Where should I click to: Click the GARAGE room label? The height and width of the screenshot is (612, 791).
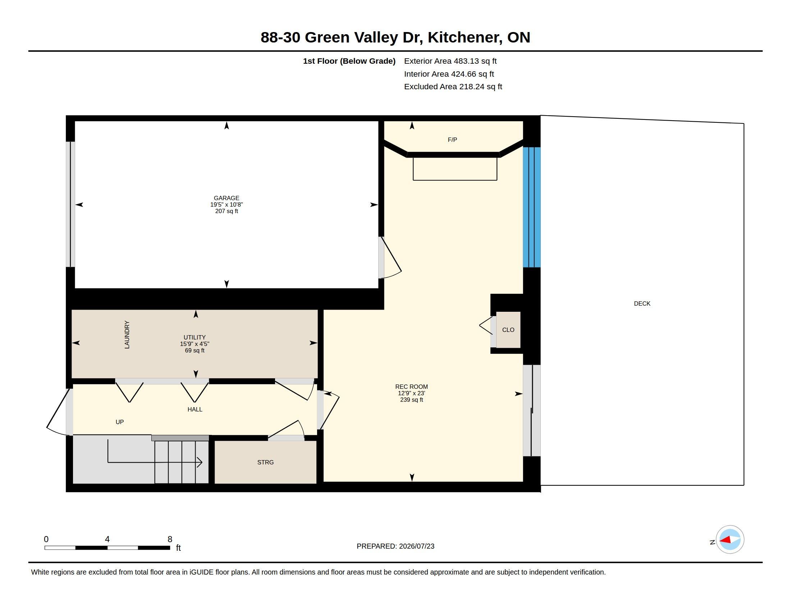[x=227, y=198]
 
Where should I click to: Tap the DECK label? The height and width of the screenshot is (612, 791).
[x=642, y=303]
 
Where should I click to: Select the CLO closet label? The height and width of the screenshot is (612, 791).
[x=508, y=329]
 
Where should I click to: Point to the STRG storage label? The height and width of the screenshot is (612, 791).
[x=265, y=462]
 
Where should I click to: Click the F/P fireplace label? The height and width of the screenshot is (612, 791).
[x=452, y=140]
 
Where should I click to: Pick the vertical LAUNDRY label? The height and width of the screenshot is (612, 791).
[x=127, y=335]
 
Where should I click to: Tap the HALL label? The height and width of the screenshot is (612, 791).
[x=195, y=409]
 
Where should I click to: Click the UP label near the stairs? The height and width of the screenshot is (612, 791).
[x=119, y=422]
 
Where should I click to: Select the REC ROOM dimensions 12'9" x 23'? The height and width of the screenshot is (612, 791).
[x=411, y=393]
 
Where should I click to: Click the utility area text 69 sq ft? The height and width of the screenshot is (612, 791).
[x=195, y=350]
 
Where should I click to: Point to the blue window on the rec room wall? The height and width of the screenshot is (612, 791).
[x=532, y=207]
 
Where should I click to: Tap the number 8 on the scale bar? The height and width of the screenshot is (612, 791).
[x=170, y=539]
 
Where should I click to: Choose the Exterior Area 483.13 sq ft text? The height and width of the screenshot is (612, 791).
[x=450, y=61]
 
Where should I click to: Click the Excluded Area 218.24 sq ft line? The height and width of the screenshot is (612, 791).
[x=453, y=87]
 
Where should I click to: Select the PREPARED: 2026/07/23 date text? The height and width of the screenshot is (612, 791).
[x=395, y=546]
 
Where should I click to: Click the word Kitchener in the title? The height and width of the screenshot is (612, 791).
[x=465, y=37]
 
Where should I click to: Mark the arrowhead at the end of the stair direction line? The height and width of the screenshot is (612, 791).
[x=200, y=462]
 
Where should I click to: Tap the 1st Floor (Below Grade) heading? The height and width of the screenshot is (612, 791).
[x=349, y=61]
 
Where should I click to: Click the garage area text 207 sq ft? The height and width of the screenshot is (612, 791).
[x=227, y=211]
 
